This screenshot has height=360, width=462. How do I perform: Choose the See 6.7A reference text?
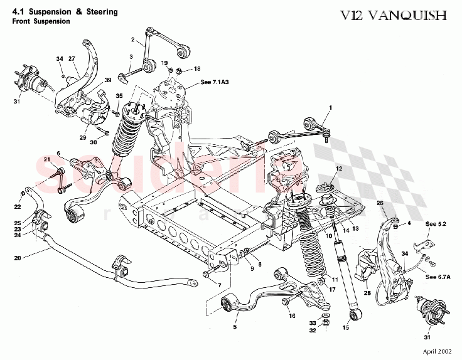(x=440, y=277)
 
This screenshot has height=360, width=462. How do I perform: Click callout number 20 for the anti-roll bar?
(x=17, y=257)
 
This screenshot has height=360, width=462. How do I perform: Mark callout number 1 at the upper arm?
(x=328, y=108)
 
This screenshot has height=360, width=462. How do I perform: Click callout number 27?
(x=72, y=58)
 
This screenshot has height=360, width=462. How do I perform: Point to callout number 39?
(x=107, y=80)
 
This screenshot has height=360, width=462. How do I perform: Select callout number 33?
(x=312, y=322)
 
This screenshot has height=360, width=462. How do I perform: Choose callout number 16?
(x=291, y=315)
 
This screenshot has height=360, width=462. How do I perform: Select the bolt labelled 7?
(x=208, y=274)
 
